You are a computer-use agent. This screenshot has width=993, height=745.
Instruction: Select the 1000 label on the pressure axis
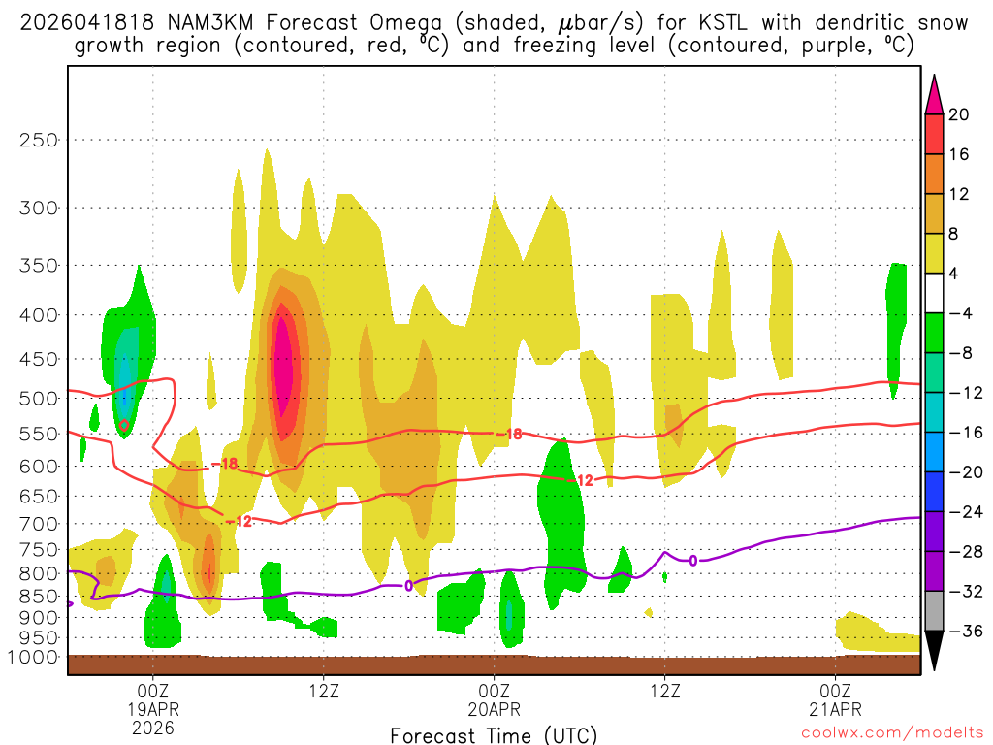(x=33, y=658)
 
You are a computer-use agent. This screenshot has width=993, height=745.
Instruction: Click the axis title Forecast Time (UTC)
(x=494, y=734)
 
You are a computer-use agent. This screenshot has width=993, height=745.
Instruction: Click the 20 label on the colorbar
(x=958, y=115)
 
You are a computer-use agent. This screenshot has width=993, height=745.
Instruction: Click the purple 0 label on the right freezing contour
(x=692, y=561)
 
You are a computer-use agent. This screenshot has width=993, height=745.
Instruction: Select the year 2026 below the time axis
(x=153, y=727)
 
